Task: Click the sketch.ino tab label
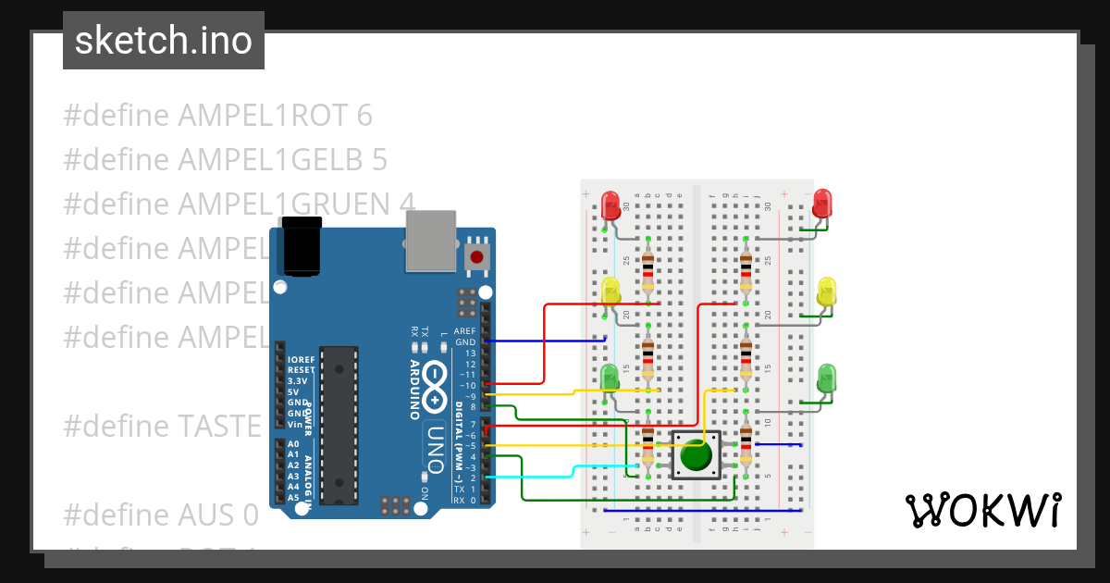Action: pyautogui.click(x=163, y=41)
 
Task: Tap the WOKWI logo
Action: pyautogui.click(x=982, y=510)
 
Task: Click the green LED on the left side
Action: pyautogui.click(x=610, y=377)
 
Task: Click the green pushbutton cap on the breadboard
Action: pyautogui.click(x=696, y=455)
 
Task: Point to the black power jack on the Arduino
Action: pyautogui.click(x=302, y=247)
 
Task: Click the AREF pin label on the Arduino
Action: pyautogui.click(x=464, y=330)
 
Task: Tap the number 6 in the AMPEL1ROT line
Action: pyautogui.click(x=364, y=116)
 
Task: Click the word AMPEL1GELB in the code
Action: pyautogui.click(x=270, y=160)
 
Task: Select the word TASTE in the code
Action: pyautogui.click(x=219, y=426)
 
